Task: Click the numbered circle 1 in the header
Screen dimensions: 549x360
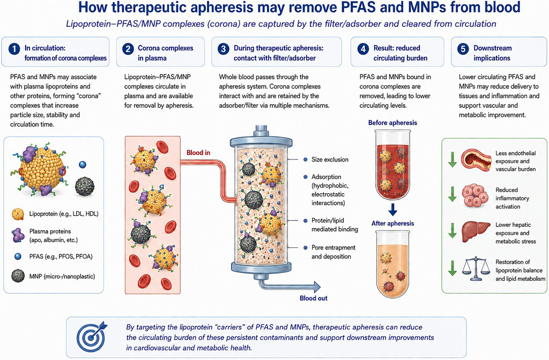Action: (14, 49)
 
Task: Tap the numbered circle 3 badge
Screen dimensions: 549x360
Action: (224, 49)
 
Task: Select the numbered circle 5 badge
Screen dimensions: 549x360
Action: (463, 49)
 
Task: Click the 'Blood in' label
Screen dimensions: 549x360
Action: (198, 152)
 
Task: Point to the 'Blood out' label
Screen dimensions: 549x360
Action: (313, 298)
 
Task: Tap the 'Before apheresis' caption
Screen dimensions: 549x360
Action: (392, 123)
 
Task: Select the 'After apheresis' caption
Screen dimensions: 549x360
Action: (392, 223)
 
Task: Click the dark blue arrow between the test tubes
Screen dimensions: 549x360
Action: (393, 210)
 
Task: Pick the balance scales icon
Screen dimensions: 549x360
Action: (476, 269)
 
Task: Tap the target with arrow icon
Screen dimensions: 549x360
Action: (92, 336)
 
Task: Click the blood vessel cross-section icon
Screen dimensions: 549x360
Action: (477, 161)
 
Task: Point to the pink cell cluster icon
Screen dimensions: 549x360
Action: (475, 196)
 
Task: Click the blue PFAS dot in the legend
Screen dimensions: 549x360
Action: (18, 256)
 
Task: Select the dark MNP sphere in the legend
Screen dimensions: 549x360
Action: (18, 276)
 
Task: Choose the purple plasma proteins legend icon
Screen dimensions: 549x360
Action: (17, 235)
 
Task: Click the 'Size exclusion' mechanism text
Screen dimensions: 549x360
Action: (330, 159)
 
